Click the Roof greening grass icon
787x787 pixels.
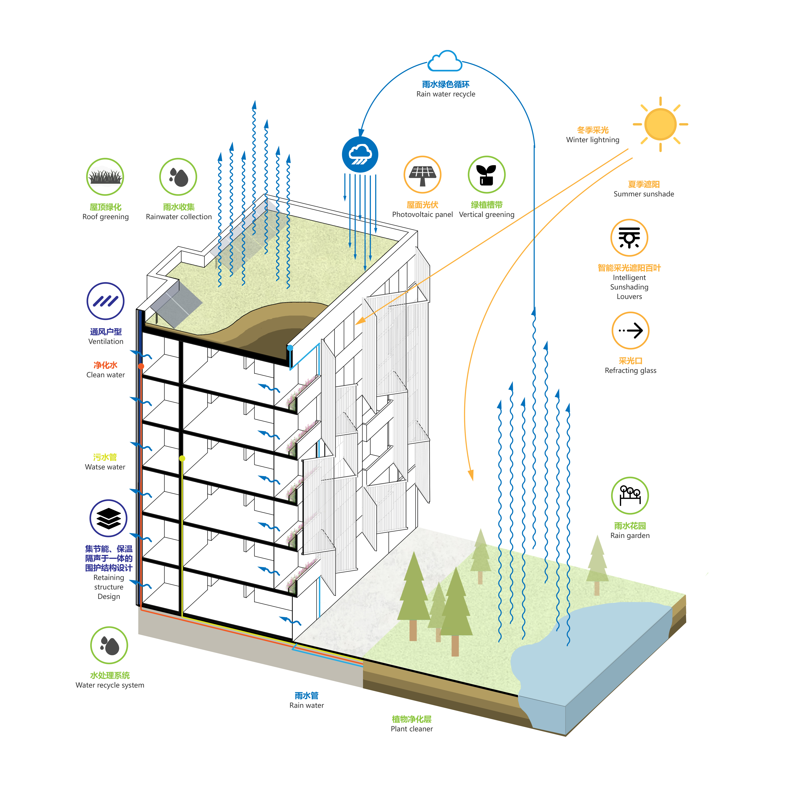click(x=105, y=177)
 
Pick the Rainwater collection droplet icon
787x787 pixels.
click(x=178, y=177)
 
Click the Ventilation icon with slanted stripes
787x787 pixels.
click(x=105, y=301)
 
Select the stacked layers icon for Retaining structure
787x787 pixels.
click(x=108, y=518)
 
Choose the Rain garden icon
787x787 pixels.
click(x=630, y=496)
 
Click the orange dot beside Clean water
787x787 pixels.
click(x=141, y=366)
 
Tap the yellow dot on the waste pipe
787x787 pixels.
click(x=182, y=458)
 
